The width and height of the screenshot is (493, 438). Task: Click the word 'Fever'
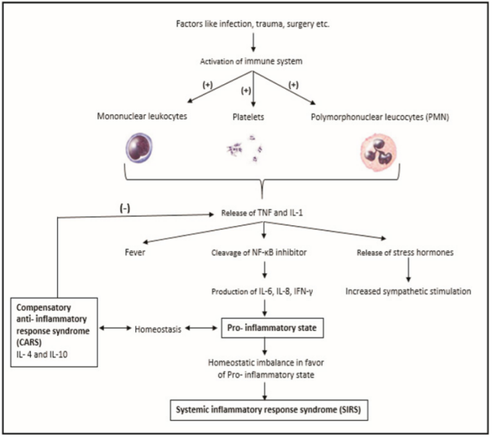pos(135,252)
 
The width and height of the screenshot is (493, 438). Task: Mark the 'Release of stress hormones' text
pos(406,252)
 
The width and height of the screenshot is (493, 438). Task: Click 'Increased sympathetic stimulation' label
pos(408,291)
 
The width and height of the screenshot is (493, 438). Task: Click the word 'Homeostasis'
pos(157,329)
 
